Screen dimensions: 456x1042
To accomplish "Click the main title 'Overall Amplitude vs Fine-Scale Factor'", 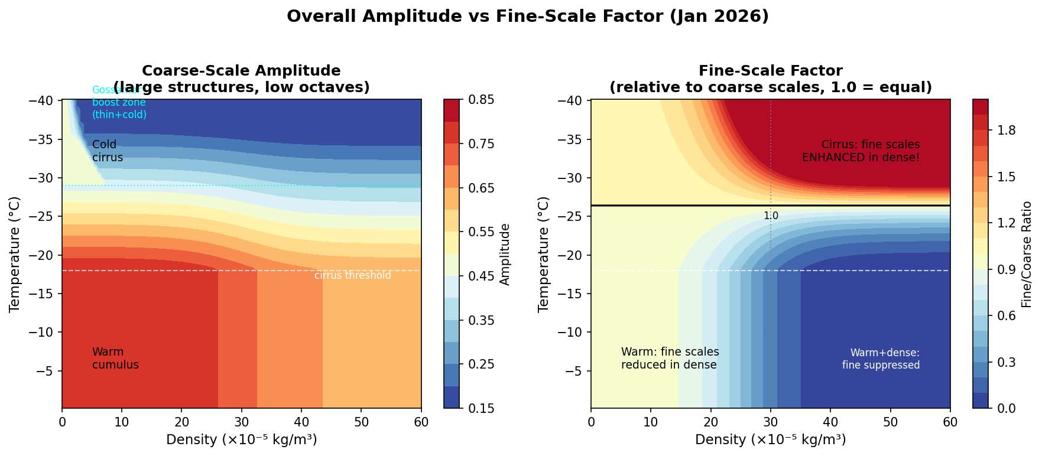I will (x=527, y=17).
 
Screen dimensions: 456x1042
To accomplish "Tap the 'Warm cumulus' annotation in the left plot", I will (x=115, y=359).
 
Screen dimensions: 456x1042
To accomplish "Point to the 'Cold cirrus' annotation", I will (x=107, y=151).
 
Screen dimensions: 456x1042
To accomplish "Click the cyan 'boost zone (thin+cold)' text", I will (x=119, y=108).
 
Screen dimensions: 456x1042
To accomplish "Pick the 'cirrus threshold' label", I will (x=352, y=275).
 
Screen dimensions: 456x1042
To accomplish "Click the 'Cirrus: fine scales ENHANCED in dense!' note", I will (x=861, y=151).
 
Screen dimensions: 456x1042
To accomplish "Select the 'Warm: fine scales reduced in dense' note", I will (x=670, y=359).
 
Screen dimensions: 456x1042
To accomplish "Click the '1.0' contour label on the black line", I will (x=771, y=216).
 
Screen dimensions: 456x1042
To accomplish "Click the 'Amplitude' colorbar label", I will (x=505, y=254).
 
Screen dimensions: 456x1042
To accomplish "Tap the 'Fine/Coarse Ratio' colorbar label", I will (x=1027, y=254).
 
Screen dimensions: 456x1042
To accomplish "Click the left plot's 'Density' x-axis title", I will (x=241, y=439).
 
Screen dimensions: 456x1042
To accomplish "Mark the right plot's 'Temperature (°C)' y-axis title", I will (x=543, y=254).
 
